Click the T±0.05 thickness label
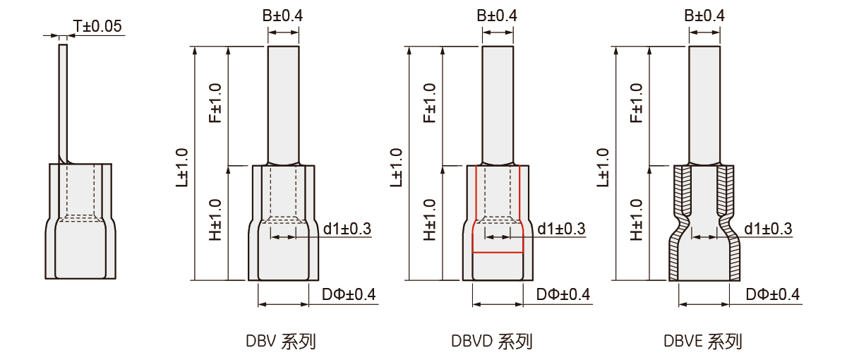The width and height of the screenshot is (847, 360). [97, 26]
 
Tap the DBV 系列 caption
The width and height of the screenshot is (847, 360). [281, 341]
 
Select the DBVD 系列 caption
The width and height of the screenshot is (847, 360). [491, 341]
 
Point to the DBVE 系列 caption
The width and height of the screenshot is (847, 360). [703, 341]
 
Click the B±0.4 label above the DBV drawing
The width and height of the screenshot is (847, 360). [282, 16]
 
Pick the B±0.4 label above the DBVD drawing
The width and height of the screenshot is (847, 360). [497, 16]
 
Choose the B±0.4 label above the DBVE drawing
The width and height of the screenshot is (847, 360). [704, 16]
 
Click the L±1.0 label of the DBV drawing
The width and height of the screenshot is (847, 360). [182, 167]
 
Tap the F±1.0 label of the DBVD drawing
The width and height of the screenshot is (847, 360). [430, 103]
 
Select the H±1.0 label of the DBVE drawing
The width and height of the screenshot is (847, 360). [637, 220]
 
